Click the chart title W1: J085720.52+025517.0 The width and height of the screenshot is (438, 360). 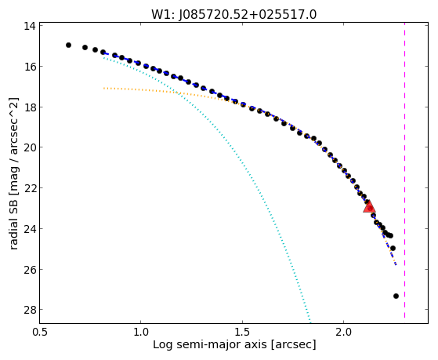pyautogui.click(x=234, y=15)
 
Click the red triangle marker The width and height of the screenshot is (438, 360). pyautogui.click(x=369, y=206)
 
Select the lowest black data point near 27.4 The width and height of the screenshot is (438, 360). pyautogui.click(x=396, y=296)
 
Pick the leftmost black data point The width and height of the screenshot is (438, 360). pyautogui.click(x=68, y=45)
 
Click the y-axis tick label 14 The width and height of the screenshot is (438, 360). pyautogui.click(x=29, y=27)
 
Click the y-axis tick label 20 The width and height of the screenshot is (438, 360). pyautogui.click(x=29, y=147)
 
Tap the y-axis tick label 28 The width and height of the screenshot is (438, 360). pyautogui.click(x=29, y=309)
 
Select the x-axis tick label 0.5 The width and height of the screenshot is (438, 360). pyautogui.click(x=40, y=332)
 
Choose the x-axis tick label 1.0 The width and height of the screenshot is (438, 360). pyautogui.click(x=140, y=332)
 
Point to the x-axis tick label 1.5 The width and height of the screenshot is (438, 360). pyautogui.click(x=242, y=332)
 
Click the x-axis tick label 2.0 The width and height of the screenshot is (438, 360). pyautogui.click(x=344, y=332)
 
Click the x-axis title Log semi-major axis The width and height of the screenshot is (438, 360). pyautogui.click(x=210, y=345)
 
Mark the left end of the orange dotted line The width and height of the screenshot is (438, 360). pyautogui.click(x=104, y=88)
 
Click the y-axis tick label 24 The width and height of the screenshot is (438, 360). pyautogui.click(x=29, y=229)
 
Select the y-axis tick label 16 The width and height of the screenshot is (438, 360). pyautogui.click(x=29, y=67)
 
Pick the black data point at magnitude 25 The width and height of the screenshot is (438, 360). pyautogui.click(x=393, y=248)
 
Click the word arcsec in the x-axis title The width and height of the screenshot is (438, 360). pyautogui.click(x=293, y=345)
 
